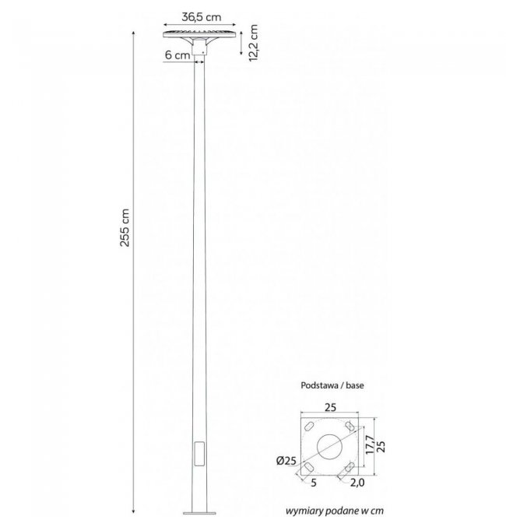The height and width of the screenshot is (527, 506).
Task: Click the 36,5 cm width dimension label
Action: coord(202,17)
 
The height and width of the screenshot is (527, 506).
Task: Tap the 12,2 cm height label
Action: coord(254,43)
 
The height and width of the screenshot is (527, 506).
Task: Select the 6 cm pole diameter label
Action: coord(177,54)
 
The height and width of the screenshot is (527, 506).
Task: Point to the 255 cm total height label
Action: coord(125,227)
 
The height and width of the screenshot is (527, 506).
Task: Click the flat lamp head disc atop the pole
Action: coord(199,34)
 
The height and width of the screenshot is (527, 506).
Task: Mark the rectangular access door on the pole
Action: coord(199,454)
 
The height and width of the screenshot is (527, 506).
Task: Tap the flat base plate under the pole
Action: coord(199,513)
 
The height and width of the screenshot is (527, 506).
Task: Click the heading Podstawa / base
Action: coord(332,385)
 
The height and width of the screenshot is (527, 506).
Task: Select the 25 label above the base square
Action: coord(330,407)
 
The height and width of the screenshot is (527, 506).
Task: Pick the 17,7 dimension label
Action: coord(370,444)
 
